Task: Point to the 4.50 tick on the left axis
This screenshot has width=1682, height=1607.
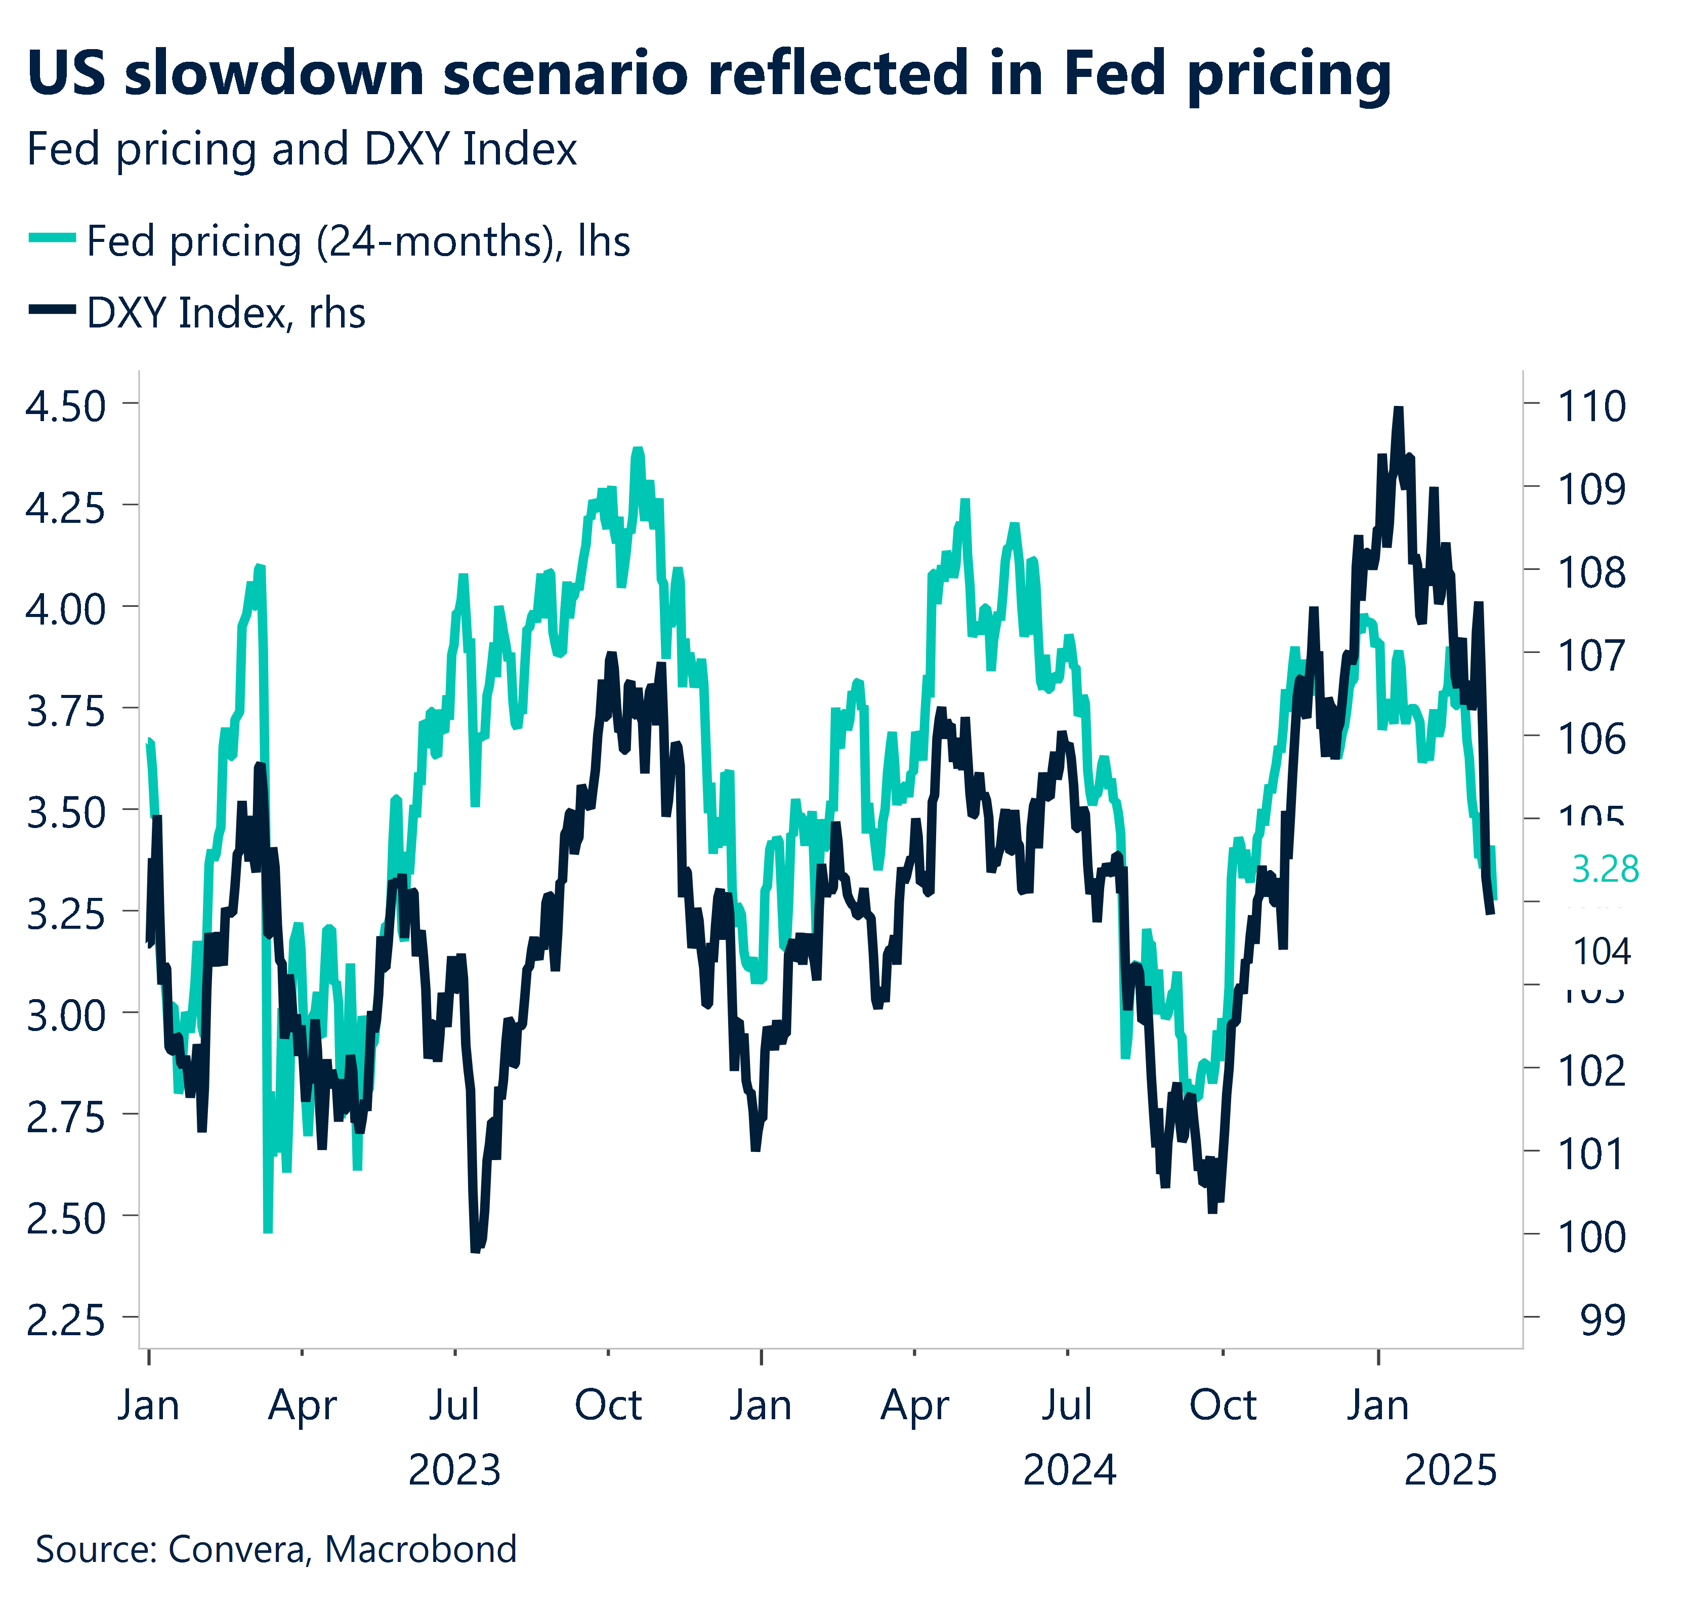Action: (65, 406)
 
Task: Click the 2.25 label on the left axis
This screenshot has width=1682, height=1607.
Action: (65, 1320)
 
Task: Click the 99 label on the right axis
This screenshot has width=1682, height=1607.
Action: (1602, 1320)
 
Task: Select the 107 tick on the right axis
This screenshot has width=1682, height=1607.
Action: (1590, 655)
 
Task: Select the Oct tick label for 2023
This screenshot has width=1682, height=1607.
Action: (608, 1405)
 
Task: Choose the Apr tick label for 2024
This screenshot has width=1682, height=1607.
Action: (915, 1405)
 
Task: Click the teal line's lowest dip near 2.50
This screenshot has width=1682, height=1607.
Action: (267, 1230)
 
